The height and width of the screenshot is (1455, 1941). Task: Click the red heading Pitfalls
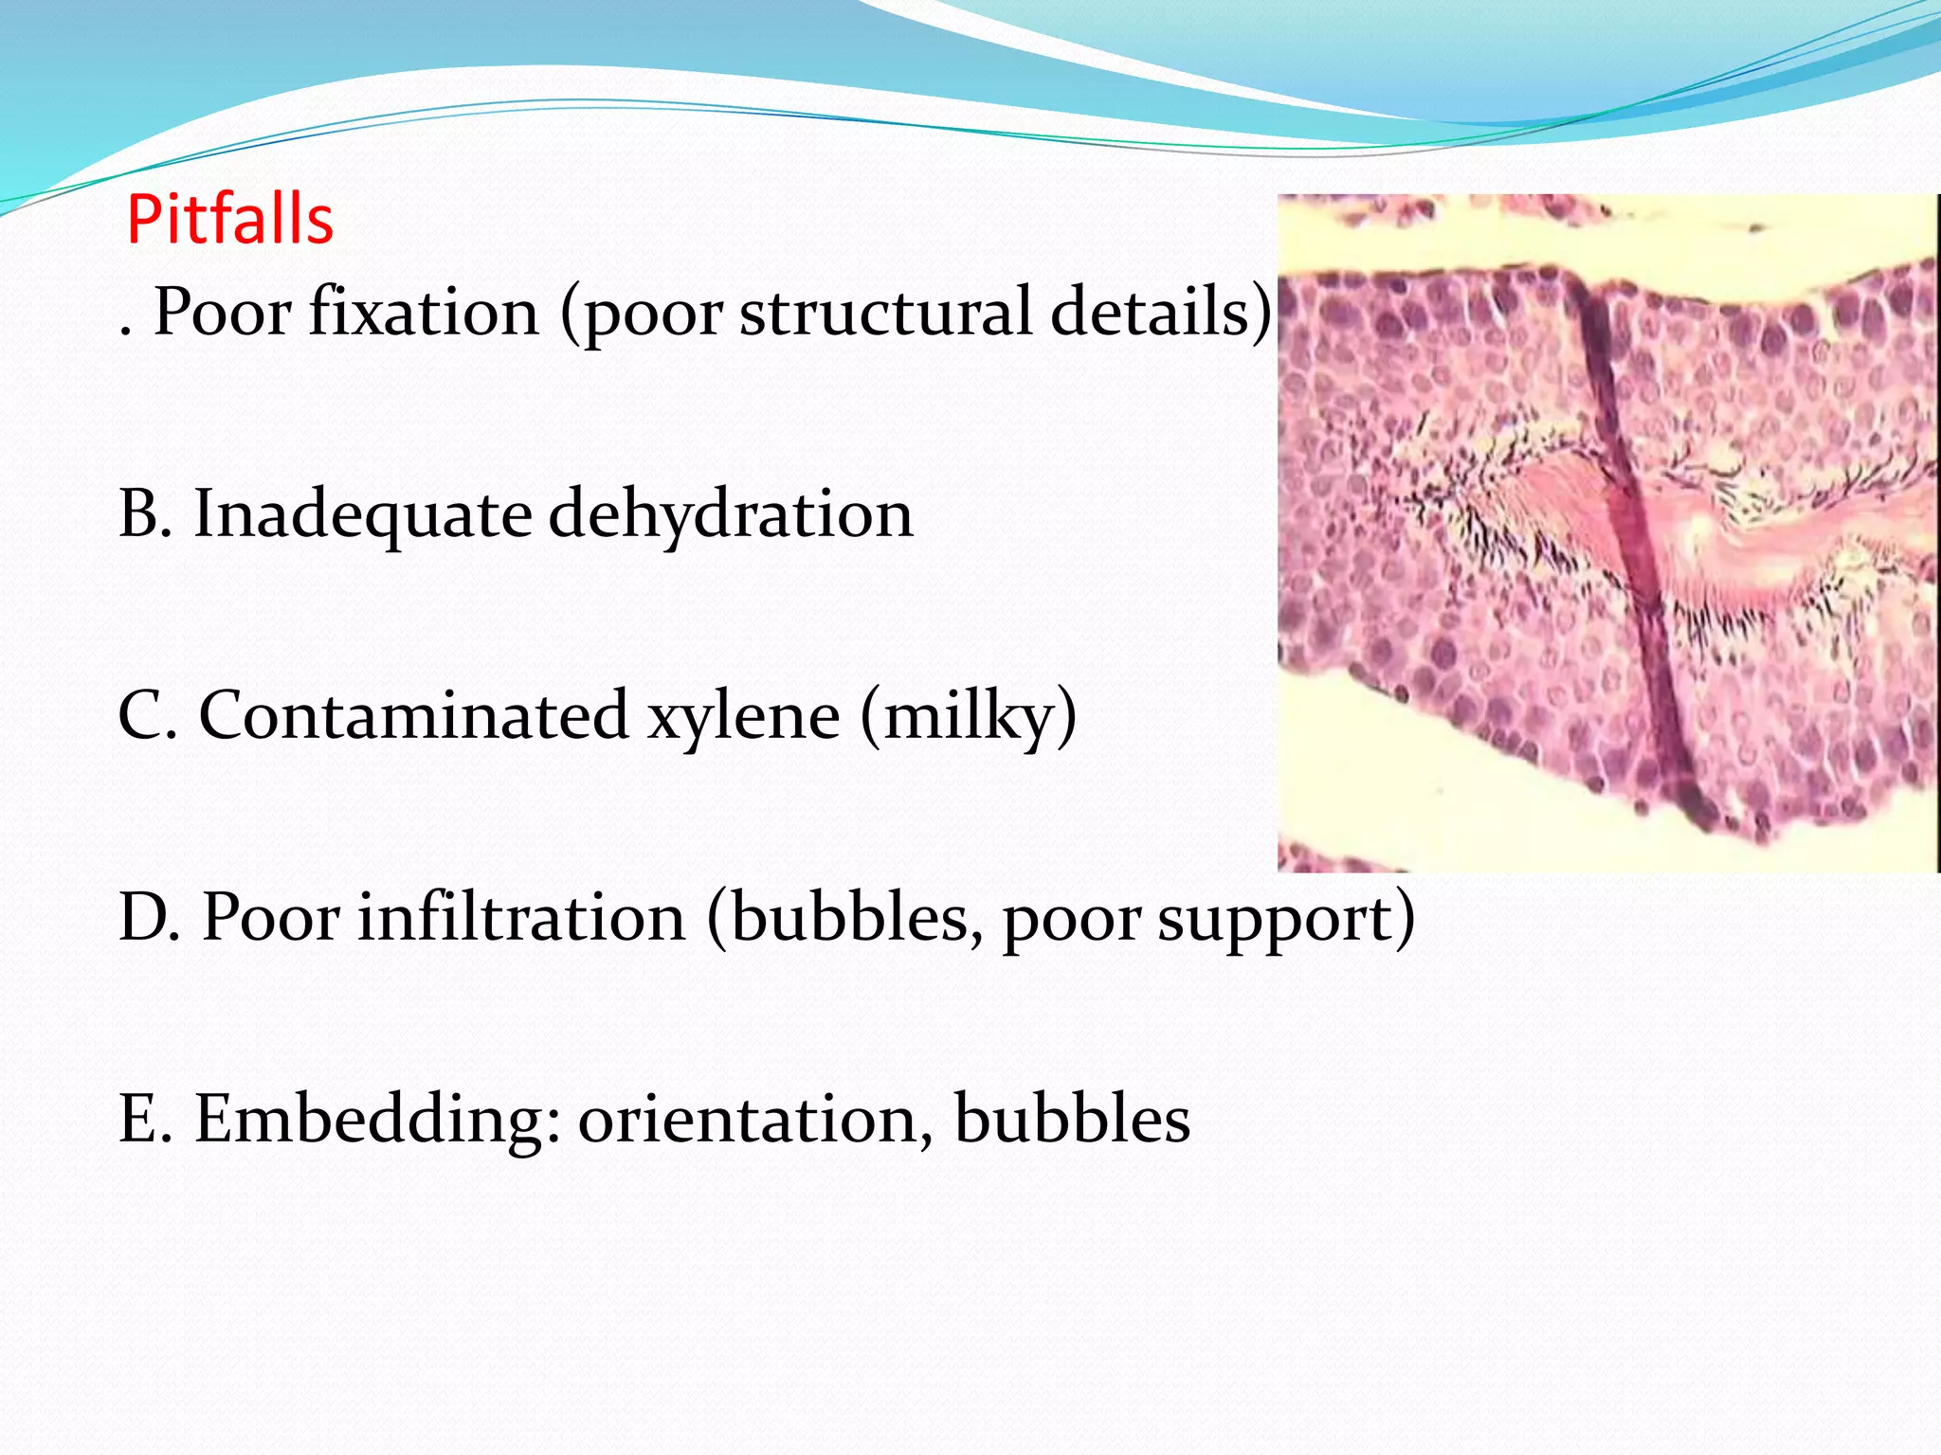coord(229,220)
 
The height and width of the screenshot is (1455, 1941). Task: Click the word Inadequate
coord(362,514)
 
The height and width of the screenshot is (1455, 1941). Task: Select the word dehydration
coord(731,514)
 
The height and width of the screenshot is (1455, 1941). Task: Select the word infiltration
coord(521,917)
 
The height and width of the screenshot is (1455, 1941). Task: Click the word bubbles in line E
coord(1072,1119)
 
